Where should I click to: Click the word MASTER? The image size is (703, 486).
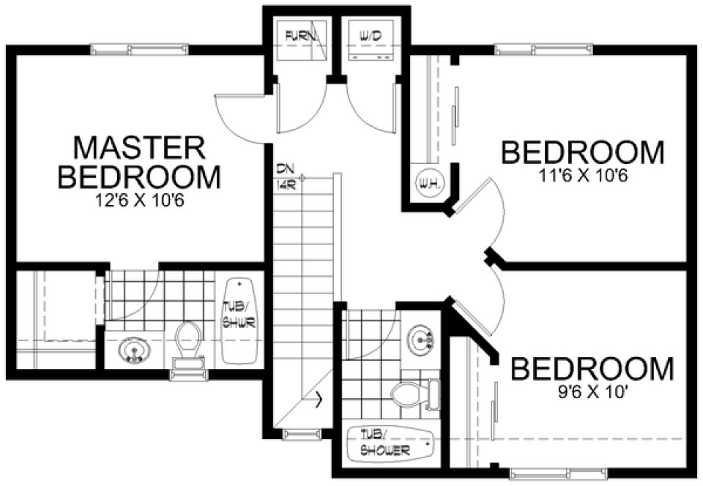(139, 148)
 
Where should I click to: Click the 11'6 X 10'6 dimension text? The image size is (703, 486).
(582, 176)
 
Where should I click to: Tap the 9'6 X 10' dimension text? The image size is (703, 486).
(592, 391)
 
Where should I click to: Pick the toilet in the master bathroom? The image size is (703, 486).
(188, 343)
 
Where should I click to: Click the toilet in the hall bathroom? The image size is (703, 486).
(407, 396)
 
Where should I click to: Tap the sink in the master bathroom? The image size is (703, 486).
(134, 349)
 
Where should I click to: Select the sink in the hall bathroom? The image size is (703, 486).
(423, 338)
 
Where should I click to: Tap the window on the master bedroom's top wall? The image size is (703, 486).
(139, 49)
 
